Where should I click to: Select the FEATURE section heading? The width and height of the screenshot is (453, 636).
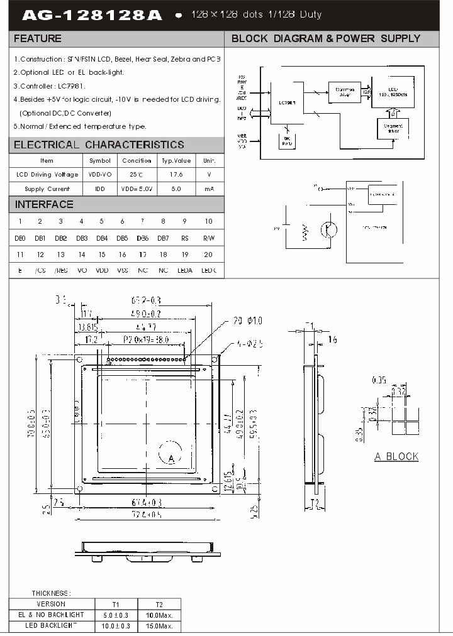coord(38,39)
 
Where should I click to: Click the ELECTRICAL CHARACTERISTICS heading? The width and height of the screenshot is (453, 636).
coord(99,145)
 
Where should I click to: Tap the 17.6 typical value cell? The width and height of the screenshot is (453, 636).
coord(176,175)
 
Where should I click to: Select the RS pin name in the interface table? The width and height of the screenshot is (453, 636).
coord(184,238)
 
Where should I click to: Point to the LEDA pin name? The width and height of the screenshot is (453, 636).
coord(184,271)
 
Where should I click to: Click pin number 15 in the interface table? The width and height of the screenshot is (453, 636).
coord(101,255)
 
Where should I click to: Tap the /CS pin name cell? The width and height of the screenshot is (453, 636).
coord(40,271)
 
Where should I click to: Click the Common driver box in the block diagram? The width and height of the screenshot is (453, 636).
coord(344,92)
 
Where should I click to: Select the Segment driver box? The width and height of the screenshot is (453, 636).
coord(393,129)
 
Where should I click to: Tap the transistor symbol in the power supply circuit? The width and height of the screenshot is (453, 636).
coord(328,230)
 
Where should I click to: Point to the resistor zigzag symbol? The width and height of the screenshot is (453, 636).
coord(306,233)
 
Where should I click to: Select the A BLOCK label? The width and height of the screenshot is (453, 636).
coord(396,457)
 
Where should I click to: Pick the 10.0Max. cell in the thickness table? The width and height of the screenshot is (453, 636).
coord(159,615)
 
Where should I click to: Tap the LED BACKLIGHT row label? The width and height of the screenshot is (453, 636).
coord(52,626)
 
